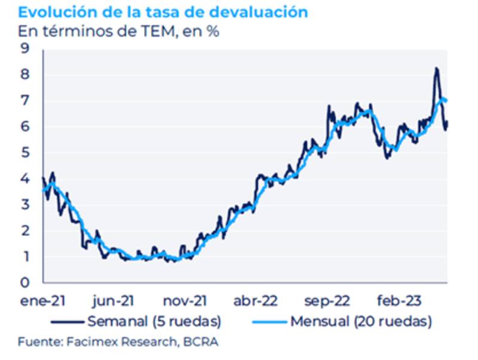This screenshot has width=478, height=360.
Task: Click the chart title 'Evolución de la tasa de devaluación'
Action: point(163,12)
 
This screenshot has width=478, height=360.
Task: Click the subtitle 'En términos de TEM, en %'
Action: point(118,32)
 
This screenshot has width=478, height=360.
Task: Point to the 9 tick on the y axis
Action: point(25,49)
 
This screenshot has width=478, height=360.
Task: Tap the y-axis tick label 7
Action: point(25,101)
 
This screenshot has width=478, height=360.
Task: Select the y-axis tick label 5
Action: point(25,153)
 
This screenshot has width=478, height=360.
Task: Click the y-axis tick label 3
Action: point(25,205)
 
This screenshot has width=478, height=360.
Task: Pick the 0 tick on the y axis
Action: point(25,282)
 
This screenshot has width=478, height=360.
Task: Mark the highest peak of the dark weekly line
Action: point(436,69)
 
